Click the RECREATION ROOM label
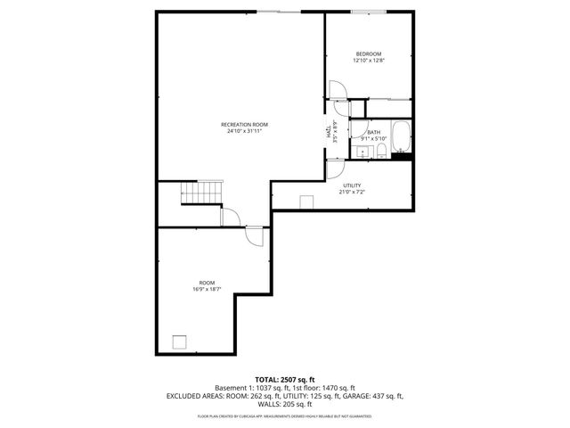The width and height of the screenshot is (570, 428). click(x=244, y=124)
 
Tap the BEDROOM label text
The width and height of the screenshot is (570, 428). click(x=368, y=54)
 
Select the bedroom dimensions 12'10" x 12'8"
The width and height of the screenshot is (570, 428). click(x=368, y=61)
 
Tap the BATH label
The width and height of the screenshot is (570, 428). click(x=373, y=133)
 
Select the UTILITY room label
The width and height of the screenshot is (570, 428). click(x=351, y=185)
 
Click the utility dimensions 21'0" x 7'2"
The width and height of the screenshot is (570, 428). click(x=351, y=191)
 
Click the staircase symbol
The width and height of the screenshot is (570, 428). click(x=199, y=192)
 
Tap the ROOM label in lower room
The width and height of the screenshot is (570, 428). click(x=206, y=283)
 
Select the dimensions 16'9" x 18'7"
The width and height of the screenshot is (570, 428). click(x=206, y=289)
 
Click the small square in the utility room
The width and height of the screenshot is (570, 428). click(x=306, y=201)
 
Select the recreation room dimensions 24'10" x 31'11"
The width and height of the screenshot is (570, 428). click(x=244, y=130)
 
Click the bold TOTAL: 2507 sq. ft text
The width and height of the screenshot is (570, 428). click(x=285, y=380)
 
